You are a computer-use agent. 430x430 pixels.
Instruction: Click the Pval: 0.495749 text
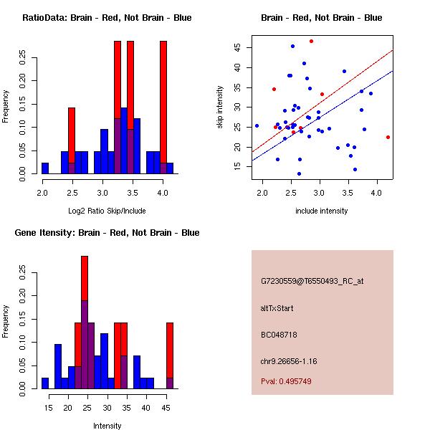[286, 381]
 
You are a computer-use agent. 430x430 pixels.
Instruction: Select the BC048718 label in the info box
[279, 335]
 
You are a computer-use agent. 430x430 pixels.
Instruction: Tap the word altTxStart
[277, 308]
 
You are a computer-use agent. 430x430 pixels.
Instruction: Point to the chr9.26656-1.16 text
[289, 361]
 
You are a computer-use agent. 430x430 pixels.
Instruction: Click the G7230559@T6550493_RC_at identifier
[312, 282]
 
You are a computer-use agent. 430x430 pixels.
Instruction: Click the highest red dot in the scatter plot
[311, 42]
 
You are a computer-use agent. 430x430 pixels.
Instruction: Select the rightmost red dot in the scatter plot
[388, 137]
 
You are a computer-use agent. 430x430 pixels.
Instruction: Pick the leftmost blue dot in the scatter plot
[257, 126]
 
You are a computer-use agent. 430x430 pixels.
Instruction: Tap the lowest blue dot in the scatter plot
[299, 174]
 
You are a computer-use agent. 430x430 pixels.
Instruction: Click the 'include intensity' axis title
[321, 211]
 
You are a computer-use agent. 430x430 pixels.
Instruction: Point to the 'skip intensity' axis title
[220, 107]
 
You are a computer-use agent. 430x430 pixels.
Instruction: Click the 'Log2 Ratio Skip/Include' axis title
[107, 211]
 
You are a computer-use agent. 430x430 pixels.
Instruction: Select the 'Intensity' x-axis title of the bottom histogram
[107, 426]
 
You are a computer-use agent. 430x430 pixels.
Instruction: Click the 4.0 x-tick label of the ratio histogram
[163, 193]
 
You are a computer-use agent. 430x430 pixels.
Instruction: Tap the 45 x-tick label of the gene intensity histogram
[166, 408]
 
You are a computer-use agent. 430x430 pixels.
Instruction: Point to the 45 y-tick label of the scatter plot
[237, 47]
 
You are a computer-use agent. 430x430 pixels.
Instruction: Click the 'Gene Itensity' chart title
[107, 232]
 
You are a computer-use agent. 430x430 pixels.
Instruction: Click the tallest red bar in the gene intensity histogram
[85, 278]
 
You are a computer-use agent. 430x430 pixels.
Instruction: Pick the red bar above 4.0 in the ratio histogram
[163, 102]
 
